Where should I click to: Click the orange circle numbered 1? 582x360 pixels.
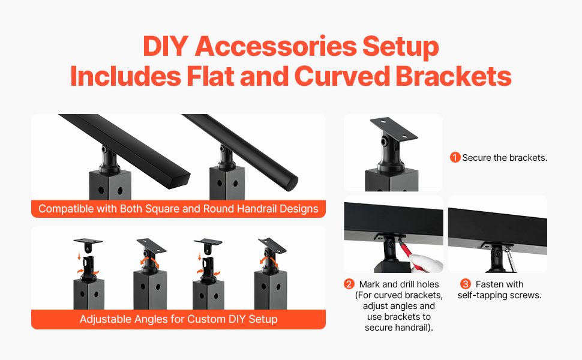point(455,157)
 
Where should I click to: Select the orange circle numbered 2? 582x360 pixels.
point(349,284)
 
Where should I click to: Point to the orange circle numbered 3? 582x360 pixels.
point(466,284)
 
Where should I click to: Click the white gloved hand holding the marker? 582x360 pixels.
point(427,263)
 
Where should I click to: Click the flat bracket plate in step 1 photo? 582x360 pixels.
point(394,129)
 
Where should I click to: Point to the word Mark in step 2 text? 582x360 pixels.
point(370,284)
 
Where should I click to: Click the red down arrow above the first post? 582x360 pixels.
point(79,256)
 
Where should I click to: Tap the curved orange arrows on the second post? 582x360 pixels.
point(149,262)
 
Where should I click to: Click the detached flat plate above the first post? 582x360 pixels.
point(88,244)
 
